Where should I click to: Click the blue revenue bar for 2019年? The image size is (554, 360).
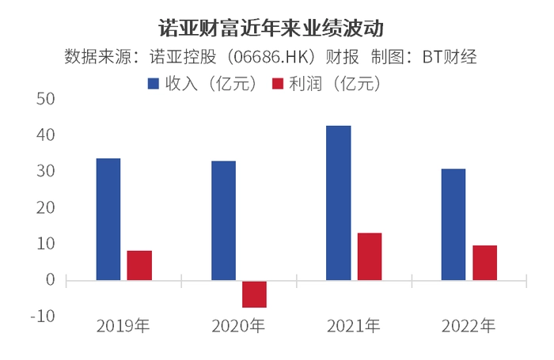coord(108,219)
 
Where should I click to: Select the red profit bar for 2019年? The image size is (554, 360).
coord(139,266)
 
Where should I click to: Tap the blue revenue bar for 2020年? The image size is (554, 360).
coord(224,221)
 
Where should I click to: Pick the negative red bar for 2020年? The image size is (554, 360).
coord(254,294)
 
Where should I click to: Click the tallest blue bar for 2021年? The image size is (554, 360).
coord(339,203)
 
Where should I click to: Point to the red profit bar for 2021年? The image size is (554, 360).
coord(370,257)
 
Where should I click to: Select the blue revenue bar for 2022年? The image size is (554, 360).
coord(453,225)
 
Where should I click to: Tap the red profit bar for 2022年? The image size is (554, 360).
coord(484,263)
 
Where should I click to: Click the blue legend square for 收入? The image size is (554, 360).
coord(154,84)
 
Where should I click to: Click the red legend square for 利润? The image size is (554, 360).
coord(278,84)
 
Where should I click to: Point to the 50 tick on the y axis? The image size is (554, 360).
coord(46,99)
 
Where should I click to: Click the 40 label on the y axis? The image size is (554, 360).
coord(46,135)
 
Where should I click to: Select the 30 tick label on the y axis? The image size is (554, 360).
coord(46,172)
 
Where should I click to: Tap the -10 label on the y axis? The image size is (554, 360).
coord(43,316)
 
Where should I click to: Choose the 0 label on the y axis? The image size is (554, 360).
coord(51,280)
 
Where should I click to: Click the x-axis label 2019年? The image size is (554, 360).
coord(123,326)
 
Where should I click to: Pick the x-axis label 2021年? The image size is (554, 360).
coord(353,326)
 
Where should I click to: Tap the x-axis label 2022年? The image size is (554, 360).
coord(469,326)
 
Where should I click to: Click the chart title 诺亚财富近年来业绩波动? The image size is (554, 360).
coord(271,28)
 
